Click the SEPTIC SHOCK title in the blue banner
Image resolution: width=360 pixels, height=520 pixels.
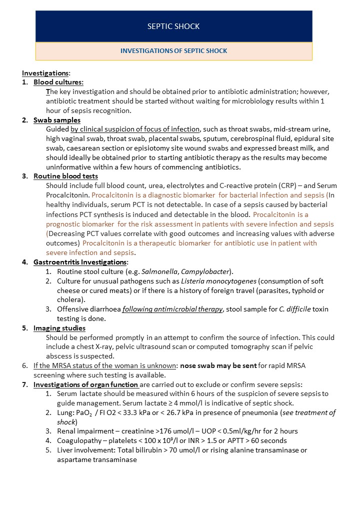tap(173, 26)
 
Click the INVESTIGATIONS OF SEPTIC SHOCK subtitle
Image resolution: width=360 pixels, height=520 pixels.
tap(173, 51)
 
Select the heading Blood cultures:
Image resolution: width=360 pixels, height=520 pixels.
tap(58, 82)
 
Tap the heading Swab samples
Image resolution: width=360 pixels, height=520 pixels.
tap(56, 120)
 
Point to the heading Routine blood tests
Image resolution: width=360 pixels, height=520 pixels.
tap(65, 176)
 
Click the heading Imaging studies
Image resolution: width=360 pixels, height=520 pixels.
tap(59, 328)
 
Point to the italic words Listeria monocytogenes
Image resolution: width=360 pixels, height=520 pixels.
tap(216, 281)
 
